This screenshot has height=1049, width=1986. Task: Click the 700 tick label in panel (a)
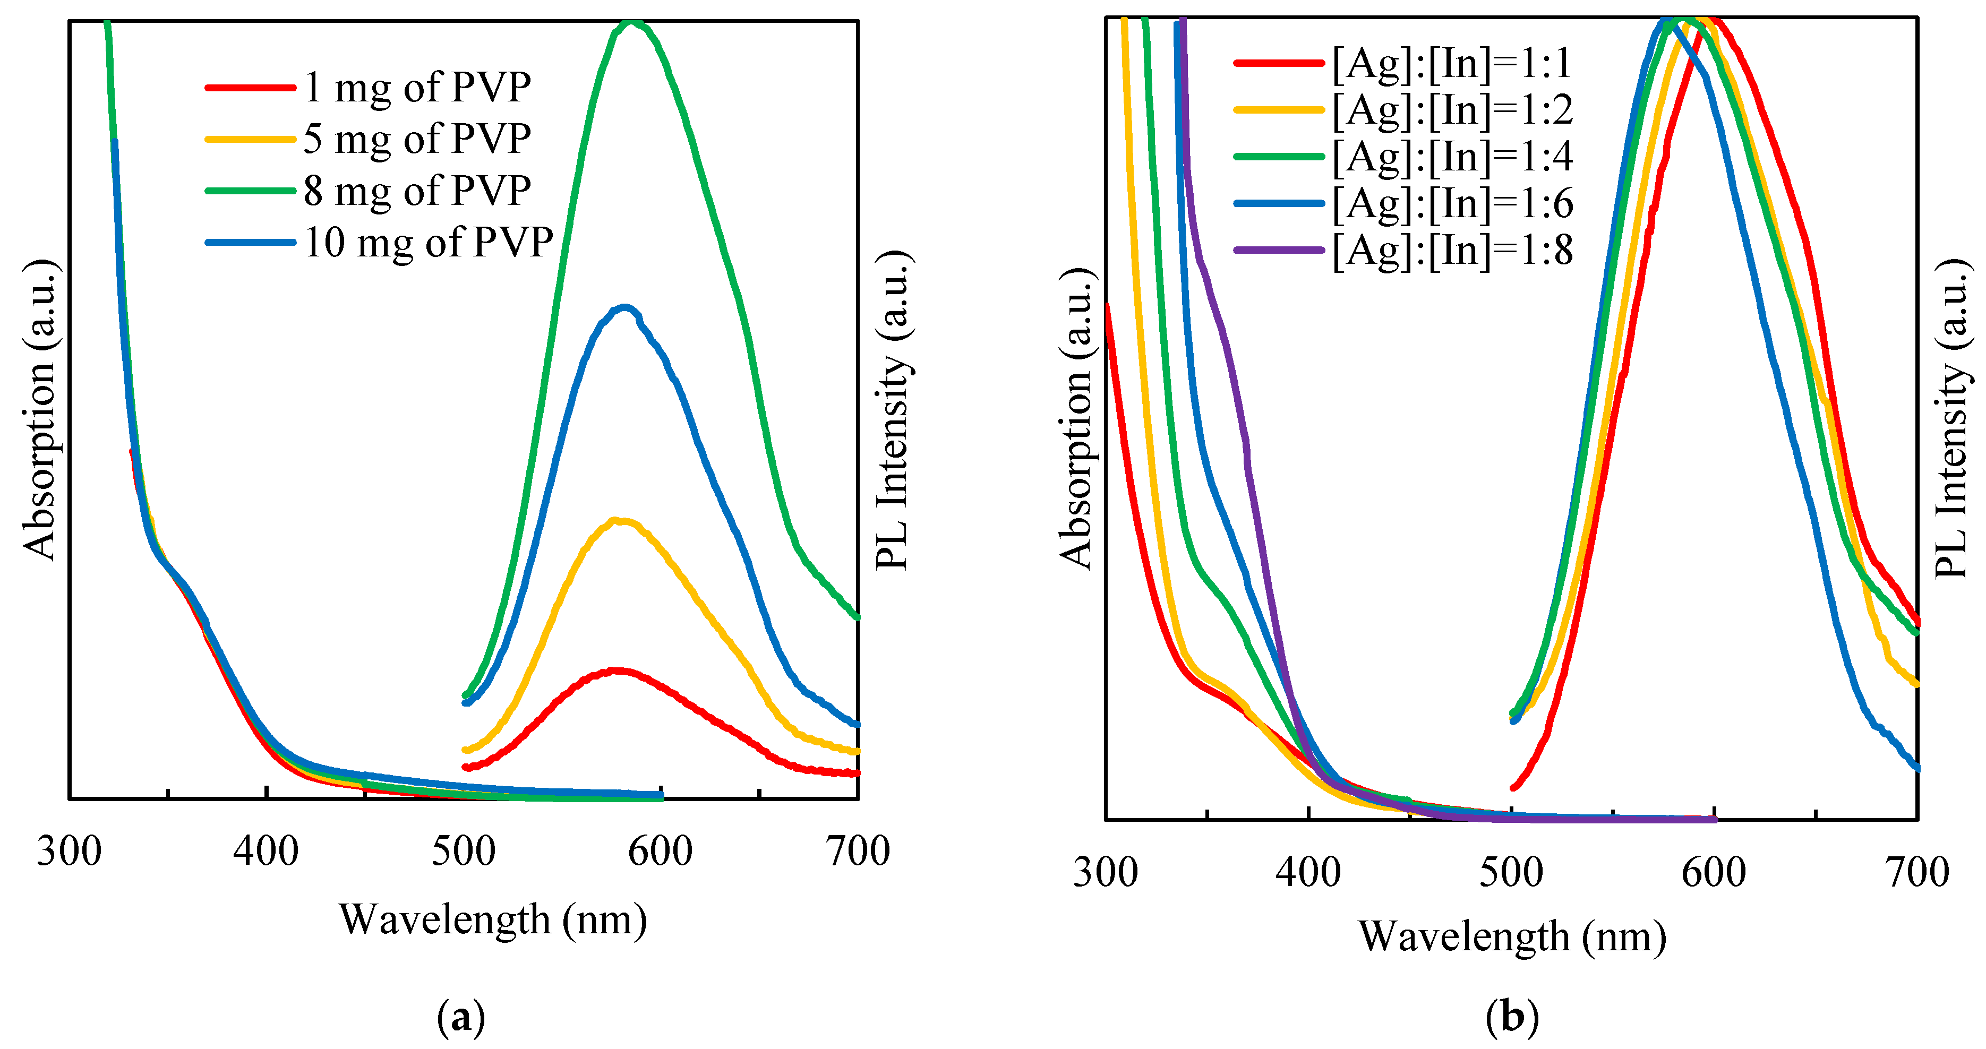(x=857, y=852)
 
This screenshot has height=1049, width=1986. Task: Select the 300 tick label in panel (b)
(x=1106, y=873)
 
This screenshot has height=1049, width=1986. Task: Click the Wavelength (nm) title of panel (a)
(x=493, y=919)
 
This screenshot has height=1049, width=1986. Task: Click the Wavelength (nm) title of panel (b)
(x=1512, y=936)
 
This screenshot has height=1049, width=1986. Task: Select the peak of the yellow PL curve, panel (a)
(x=617, y=521)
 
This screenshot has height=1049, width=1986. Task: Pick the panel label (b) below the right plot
(x=1512, y=1017)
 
